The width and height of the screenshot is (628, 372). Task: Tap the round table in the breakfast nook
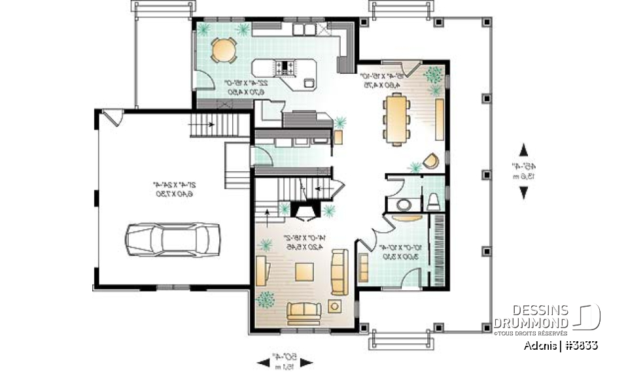tap(224, 50)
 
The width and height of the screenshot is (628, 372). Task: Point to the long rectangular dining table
tap(397, 118)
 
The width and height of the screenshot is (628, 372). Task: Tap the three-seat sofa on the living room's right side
tap(340, 272)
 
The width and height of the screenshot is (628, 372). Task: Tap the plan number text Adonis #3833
tap(560, 345)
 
